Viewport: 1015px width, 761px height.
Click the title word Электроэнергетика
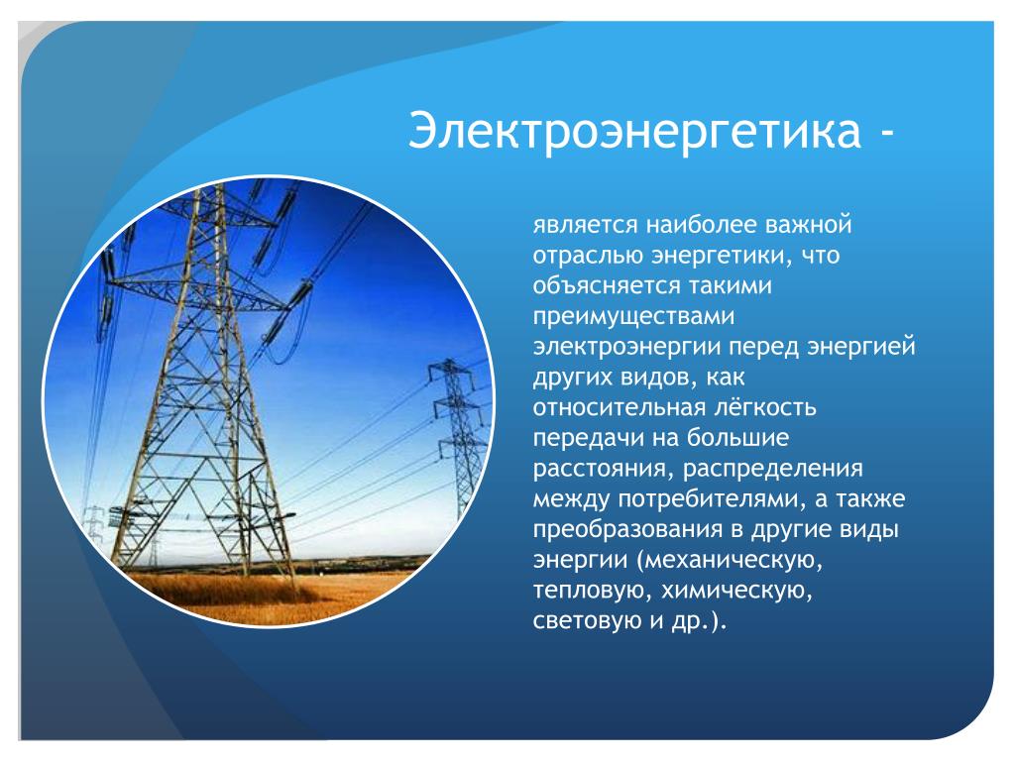coord(635,131)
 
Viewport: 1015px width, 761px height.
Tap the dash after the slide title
coord(886,134)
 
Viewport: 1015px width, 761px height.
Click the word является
coord(586,225)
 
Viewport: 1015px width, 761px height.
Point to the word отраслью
coord(588,256)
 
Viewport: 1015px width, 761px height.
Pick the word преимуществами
coord(633,316)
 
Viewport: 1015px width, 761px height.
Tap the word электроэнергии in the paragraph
coord(626,347)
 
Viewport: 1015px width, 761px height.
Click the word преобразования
coord(627,529)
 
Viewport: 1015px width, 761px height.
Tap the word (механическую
coord(730,560)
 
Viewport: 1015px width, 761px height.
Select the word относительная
coord(620,407)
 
